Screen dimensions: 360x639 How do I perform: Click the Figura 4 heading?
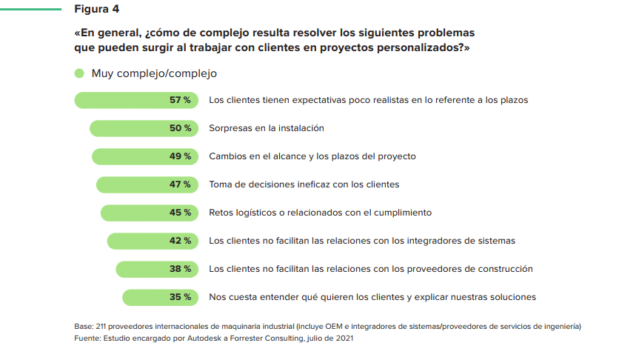(96, 10)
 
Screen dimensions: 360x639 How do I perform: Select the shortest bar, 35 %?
(160, 297)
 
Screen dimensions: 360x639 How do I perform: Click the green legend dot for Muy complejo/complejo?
(78, 73)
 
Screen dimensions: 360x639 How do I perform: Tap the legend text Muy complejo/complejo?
(154, 73)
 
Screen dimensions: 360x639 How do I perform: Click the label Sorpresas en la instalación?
(267, 128)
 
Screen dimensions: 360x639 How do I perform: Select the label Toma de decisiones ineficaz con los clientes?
(304, 184)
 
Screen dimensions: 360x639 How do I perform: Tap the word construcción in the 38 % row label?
(504, 269)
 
